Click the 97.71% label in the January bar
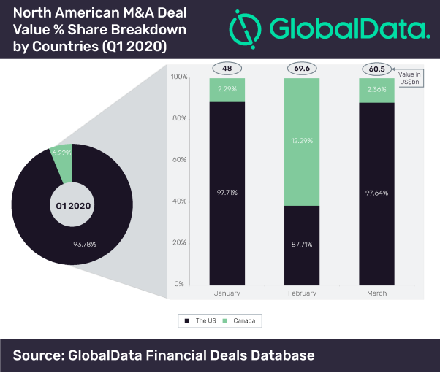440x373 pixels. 227,192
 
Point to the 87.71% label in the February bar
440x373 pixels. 302,244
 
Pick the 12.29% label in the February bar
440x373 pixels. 302,140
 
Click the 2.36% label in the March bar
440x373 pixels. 376,91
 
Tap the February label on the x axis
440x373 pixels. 302,293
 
